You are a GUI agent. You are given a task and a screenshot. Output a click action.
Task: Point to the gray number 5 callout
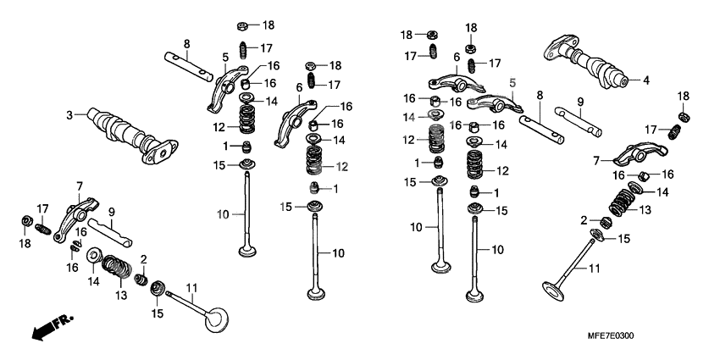[x=512, y=82]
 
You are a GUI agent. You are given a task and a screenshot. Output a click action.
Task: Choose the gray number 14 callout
[x=409, y=116]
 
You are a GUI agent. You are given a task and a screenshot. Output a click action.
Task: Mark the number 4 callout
[x=645, y=81]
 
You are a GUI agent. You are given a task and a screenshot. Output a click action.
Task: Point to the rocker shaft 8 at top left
[x=188, y=65]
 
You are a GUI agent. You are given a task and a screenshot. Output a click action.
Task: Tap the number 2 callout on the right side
[x=584, y=220]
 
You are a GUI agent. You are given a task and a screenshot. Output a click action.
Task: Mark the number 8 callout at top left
[x=186, y=43]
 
